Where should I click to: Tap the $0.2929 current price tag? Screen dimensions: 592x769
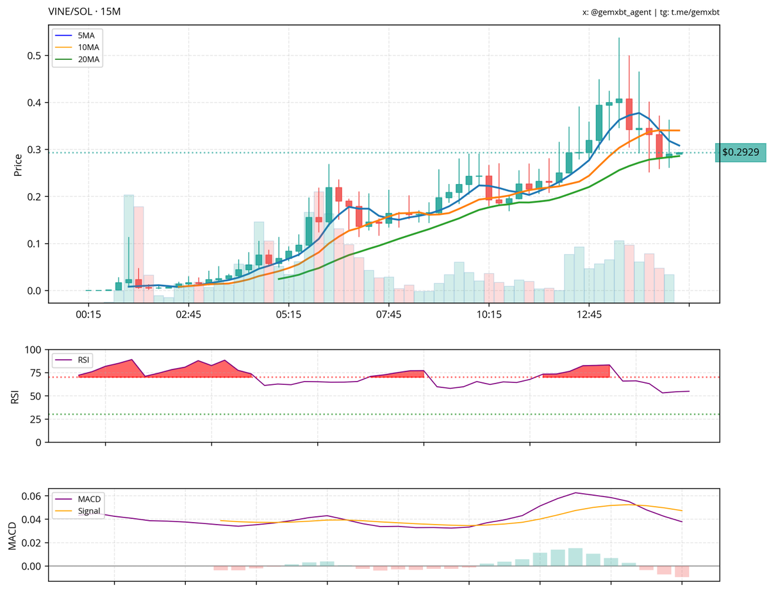[740, 153]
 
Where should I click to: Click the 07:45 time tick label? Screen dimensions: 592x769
[389, 315]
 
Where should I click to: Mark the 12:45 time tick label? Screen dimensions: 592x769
[589, 315]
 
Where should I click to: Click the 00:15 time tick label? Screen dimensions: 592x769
[88, 315]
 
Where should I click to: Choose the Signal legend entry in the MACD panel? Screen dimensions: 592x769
[81, 511]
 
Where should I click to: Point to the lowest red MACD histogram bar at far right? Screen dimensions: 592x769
[682, 571]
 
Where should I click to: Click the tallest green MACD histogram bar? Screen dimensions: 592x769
[575, 557]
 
